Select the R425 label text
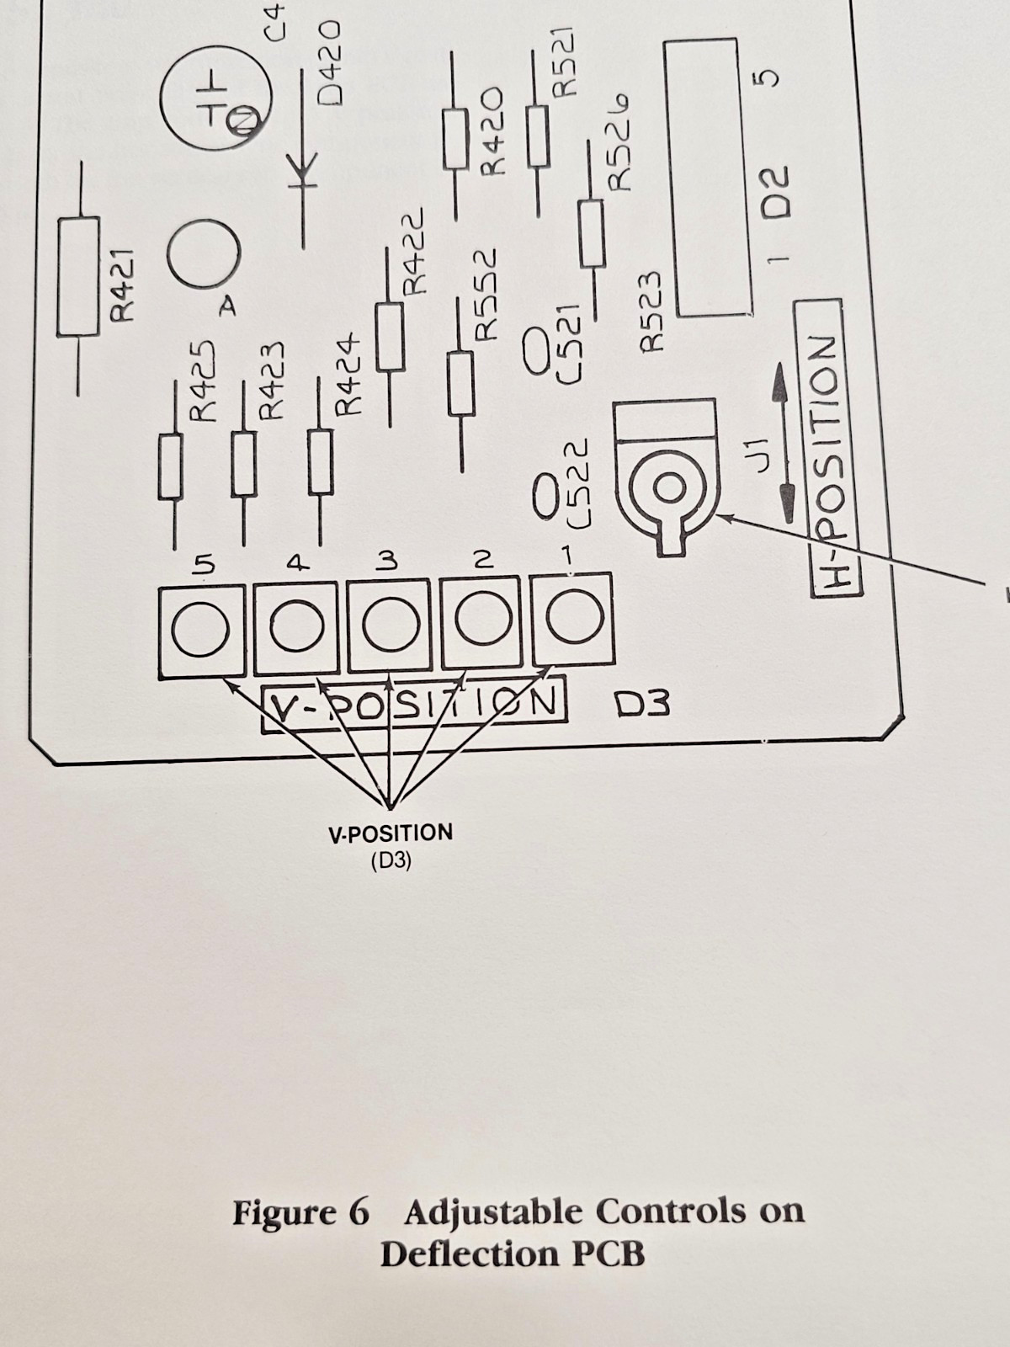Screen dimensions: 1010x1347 pos(203,381)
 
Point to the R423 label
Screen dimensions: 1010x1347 pos(270,381)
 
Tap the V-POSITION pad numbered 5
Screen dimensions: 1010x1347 pos(201,632)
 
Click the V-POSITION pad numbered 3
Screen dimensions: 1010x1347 pos(390,626)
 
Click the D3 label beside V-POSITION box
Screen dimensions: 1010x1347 pos(643,705)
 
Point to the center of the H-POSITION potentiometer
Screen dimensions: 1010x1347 pos(669,488)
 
